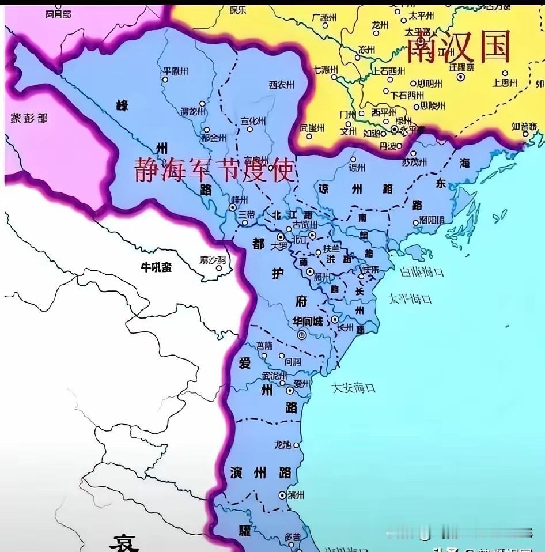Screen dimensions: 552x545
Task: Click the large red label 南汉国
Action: coord(459,47)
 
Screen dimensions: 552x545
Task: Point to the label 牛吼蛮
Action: coord(157,267)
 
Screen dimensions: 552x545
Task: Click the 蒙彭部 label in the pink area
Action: coord(29,118)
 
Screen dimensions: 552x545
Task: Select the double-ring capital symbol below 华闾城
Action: coord(301,335)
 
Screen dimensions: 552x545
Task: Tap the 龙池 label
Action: coord(283,444)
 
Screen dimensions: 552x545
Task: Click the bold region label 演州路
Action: coord(260,473)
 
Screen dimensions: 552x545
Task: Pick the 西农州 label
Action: coord(282,85)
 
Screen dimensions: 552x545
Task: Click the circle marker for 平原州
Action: coord(165,81)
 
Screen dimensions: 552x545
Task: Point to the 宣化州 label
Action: coord(253,121)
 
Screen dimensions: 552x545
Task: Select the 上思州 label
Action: coord(505,83)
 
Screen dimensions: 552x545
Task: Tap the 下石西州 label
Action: coord(407,95)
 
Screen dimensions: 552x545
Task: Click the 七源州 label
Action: coord(325,70)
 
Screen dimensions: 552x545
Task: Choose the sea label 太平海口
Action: coord(410,299)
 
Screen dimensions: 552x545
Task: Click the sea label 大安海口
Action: coord(354,388)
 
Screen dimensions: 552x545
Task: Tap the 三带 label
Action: coord(247,214)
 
